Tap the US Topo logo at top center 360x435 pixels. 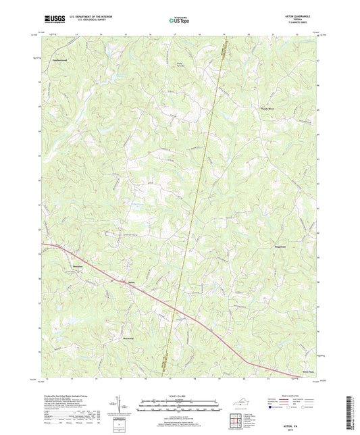pos(178,22)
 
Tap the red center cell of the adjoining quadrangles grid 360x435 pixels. pos(236,420)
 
